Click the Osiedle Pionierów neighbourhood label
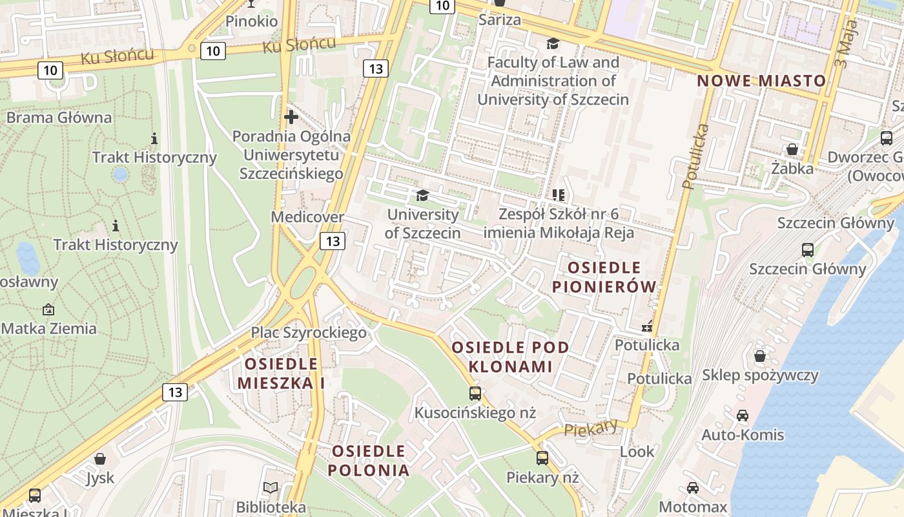(x=604, y=277)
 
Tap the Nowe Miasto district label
(x=761, y=81)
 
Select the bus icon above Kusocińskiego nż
(x=475, y=393)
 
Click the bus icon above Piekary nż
(x=542, y=458)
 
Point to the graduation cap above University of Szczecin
(x=422, y=195)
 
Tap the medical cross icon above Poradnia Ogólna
(x=291, y=117)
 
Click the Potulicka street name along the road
(x=695, y=156)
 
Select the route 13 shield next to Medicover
(x=333, y=242)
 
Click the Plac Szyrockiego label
(x=309, y=333)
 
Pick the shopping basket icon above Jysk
(x=100, y=459)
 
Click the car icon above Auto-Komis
(x=743, y=416)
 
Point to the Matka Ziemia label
(x=49, y=328)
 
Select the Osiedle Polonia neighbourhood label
(x=369, y=460)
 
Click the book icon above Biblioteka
(x=271, y=488)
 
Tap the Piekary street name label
(x=590, y=427)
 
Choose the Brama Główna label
(x=59, y=118)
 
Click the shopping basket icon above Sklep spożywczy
(x=760, y=356)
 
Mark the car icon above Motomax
(x=693, y=488)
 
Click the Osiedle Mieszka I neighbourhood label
(x=281, y=373)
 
